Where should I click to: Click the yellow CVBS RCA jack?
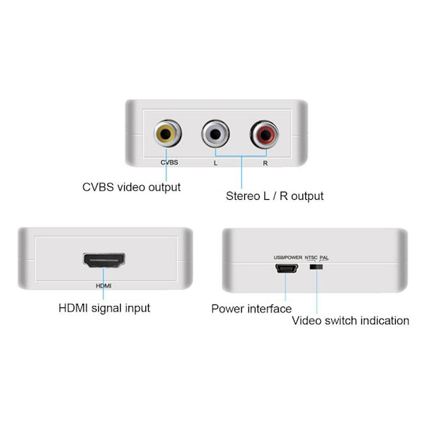(x=168, y=133)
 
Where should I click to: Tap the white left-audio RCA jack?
(x=215, y=134)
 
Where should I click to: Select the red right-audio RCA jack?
(x=265, y=134)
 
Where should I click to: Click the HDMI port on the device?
(x=104, y=260)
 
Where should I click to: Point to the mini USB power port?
(x=286, y=268)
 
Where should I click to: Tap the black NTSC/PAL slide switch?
(x=316, y=267)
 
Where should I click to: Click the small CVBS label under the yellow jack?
(x=169, y=163)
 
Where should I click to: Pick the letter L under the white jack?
(x=215, y=163)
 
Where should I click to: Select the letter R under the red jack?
(x=265, y=163)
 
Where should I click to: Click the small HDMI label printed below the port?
(x=104, y=286)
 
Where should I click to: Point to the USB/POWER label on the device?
(x=288, y=258)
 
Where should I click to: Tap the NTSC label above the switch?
(x=311, y=258)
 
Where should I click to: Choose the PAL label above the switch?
(x=324, y=258)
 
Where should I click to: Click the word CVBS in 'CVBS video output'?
(x=98, y=187)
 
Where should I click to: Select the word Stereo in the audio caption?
(x=243, y=196)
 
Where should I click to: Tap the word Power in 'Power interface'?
(x=227, y=309)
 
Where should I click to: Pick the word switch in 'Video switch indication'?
(x=341, y=321)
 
